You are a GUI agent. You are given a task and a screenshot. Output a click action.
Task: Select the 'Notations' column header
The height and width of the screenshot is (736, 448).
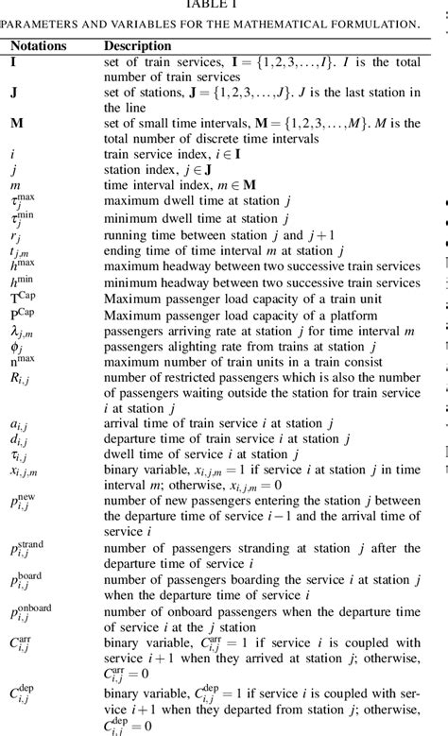38,45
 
